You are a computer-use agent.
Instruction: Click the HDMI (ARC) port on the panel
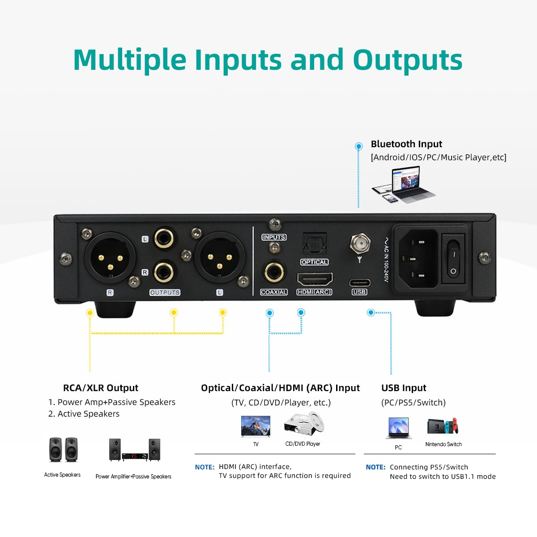315,279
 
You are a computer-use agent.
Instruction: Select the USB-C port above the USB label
359,283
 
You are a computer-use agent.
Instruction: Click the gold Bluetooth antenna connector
359,243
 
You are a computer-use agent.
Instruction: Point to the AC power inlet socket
415,259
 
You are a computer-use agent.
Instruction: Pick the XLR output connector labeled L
220,257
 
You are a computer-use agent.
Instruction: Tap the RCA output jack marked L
164,239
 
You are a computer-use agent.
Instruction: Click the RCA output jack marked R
164,272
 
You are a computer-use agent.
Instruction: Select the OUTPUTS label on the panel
165,292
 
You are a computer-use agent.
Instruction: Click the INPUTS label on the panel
274,237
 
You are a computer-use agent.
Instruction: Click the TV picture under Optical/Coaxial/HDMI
256,426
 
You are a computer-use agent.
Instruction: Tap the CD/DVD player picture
304,424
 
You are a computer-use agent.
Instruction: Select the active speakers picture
63,449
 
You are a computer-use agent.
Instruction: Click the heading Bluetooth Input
406,144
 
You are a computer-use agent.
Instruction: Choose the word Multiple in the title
130,60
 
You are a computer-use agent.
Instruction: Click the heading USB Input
404,388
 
